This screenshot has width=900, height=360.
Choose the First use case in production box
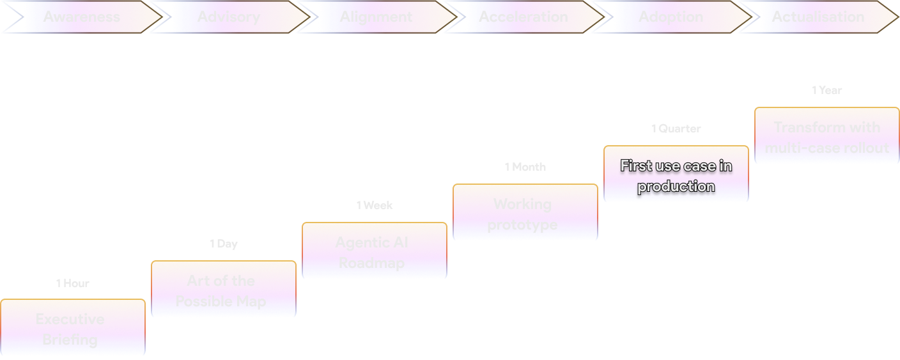(676, 174)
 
